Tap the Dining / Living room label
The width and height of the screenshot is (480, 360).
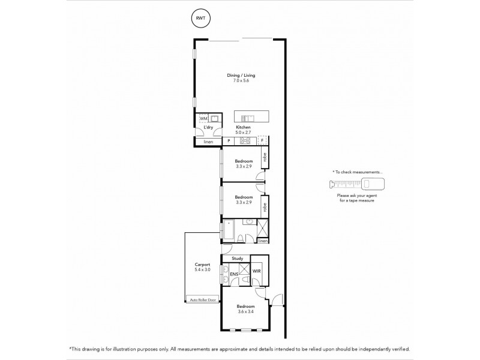click(x=241, y=75)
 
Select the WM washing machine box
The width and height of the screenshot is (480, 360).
click(x=203, y=119)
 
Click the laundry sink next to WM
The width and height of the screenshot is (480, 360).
click(x=214, y=119)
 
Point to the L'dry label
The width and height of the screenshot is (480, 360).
click(x=208, y=128)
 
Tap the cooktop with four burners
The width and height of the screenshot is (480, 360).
click(x=245, y=141)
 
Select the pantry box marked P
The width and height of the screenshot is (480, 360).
click(x=229, y=141)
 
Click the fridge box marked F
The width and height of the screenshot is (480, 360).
click(x=262, y=140)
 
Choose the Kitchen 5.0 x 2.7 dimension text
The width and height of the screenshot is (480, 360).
click(x=243, y=133)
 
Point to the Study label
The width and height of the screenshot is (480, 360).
click(x=236, y=259)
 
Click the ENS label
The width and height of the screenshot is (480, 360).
click(x=235, y=274)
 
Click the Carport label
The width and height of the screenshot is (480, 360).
click(x=201, y=265)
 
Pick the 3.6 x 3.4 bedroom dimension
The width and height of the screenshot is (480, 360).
click(x=245, y=311)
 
